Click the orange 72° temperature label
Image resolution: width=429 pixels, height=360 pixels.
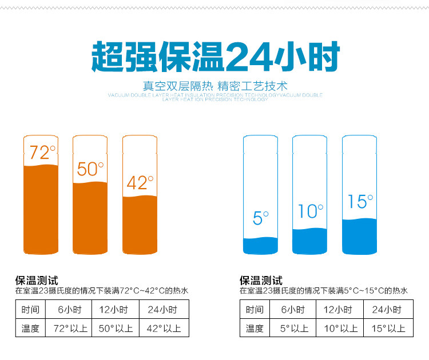coord(42,153)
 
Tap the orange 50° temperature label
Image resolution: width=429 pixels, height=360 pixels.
coord(90,169)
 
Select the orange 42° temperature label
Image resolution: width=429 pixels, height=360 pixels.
coord(140,183)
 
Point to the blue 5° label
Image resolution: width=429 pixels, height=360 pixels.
coord(260,218)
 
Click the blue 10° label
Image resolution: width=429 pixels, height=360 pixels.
coord(311,211)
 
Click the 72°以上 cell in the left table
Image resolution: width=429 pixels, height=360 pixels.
coord(71,329)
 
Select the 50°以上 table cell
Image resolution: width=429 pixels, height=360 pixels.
coord(117,329)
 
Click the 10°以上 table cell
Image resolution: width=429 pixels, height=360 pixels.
coord(341,329)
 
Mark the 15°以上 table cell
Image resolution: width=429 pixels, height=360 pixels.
coord(388,329)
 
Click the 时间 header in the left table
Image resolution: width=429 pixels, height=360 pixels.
coord(30,310)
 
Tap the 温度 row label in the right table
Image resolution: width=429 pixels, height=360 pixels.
coord(255,329)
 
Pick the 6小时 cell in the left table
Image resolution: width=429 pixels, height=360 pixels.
coord(71,310)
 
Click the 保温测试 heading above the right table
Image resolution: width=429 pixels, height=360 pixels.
coord(261,280)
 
